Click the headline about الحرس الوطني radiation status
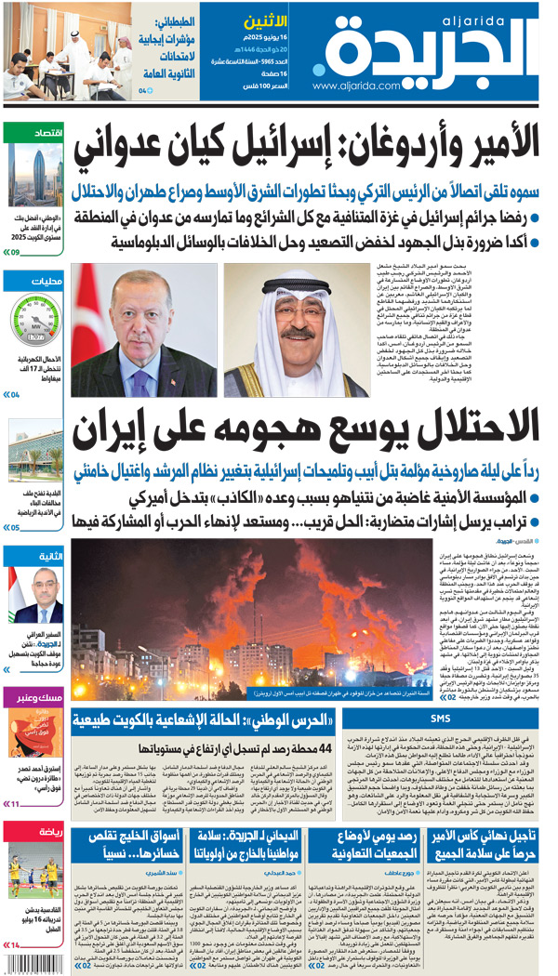pyautogui.click(x=212, y=718)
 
